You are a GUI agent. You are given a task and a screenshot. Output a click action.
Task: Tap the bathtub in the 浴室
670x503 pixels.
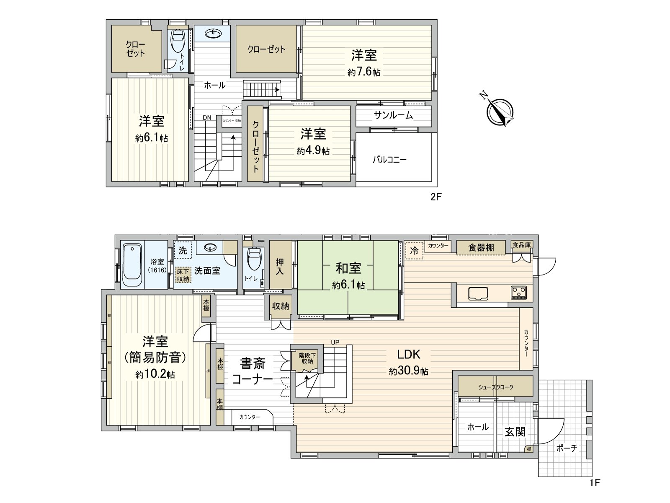pos(132,265)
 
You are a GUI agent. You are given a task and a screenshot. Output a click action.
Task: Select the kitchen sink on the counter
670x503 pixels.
pos(478,293)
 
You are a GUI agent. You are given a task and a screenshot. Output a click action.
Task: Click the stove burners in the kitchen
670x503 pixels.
pos(519,292)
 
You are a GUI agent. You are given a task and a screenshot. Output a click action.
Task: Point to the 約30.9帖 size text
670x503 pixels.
pos(408,371)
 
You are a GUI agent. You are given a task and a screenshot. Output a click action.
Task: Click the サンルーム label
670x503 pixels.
pos(393,115)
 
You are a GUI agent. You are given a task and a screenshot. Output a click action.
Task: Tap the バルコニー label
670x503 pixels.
pos(389,160)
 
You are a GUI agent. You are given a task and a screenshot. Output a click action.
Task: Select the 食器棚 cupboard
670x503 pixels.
pos(481,247)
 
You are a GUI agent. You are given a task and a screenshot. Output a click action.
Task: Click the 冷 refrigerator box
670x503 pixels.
pos(414,251)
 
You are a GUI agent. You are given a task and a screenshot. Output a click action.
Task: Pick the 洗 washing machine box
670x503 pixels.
pos(183,251)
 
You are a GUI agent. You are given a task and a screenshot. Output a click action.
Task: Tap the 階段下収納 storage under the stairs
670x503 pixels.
pos(307,358)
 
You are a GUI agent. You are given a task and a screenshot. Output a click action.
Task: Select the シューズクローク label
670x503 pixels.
pos(495,387)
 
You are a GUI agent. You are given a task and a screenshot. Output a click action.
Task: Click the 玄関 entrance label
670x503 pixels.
pos(515,431)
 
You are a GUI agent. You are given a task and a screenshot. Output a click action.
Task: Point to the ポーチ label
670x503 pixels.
pos(567,448)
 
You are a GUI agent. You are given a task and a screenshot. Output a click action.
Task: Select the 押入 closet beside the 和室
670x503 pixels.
pos(280,267)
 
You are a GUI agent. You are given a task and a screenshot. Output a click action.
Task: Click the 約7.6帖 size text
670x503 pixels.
pos(364,72)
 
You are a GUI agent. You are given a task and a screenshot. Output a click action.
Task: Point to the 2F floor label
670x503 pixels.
pos(436,197)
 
